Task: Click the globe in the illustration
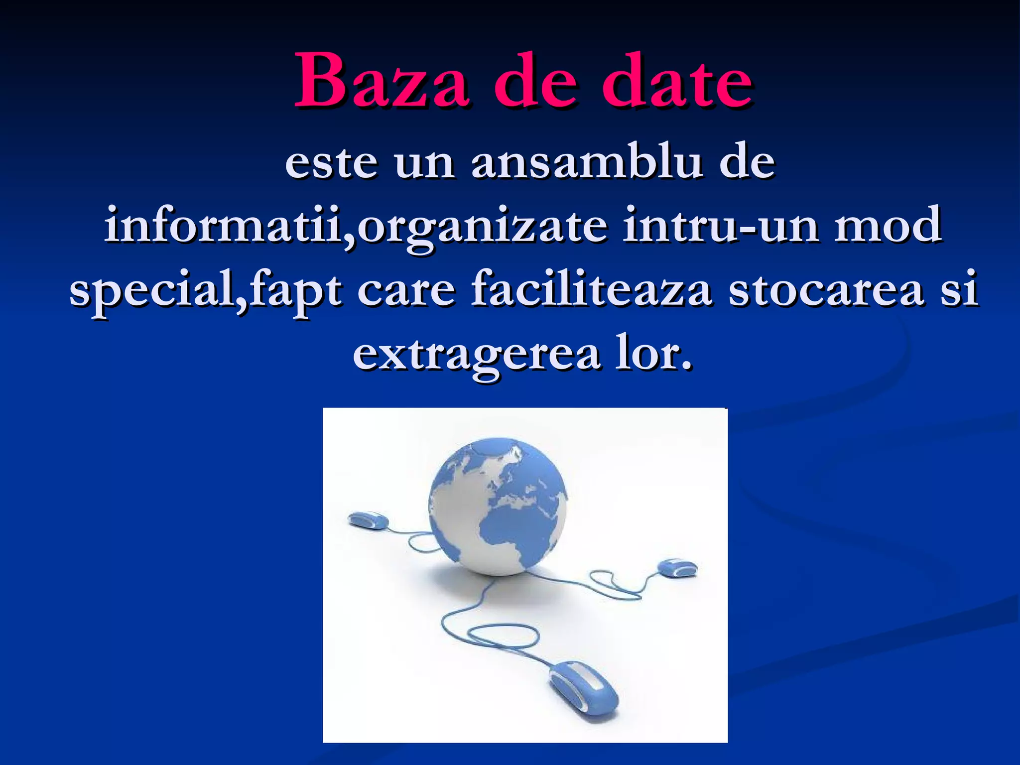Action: (x=498, y=506)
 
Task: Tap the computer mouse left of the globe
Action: (x=368, y=521)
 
